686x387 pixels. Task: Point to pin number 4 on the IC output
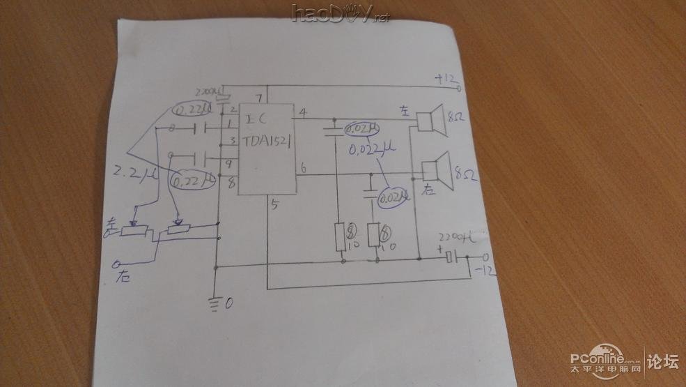click(x=302, y=112)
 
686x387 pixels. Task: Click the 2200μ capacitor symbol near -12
click(x=451, y=258)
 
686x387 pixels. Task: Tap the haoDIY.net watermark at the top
click(x=341, y=13)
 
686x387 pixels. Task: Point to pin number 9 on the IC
click(x=230, y=165)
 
